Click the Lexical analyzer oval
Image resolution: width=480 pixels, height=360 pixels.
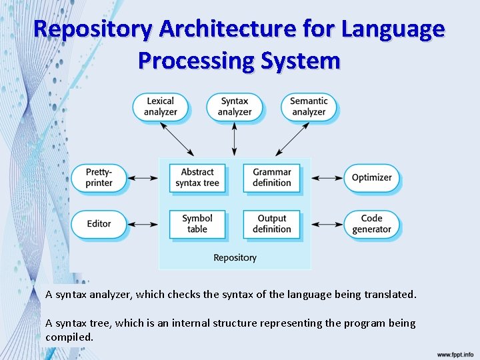pos(160,107)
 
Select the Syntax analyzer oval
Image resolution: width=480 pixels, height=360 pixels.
pos(234,107)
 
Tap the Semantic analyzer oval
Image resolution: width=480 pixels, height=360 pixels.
pos(309,107)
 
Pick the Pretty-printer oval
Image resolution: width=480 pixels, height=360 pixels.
pos(99,178)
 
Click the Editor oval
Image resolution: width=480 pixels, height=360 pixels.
pos(99,224)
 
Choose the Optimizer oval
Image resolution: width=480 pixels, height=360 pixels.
pos(371,178)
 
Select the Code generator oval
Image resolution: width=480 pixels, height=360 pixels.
pos(371,224)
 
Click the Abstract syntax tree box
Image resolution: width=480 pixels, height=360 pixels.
pos(197,178)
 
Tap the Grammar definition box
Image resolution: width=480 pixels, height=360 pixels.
pos(271,178)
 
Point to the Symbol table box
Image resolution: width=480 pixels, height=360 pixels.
pos(197,224)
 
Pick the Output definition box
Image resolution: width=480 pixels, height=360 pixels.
pos(271,224)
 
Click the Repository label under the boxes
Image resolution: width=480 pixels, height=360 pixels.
pos(235,257)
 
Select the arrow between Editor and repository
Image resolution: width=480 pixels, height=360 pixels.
pos(142,224)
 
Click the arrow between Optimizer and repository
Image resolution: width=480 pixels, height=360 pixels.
pos(327,178)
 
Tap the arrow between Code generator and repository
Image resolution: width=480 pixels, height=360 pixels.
pos(327,224)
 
